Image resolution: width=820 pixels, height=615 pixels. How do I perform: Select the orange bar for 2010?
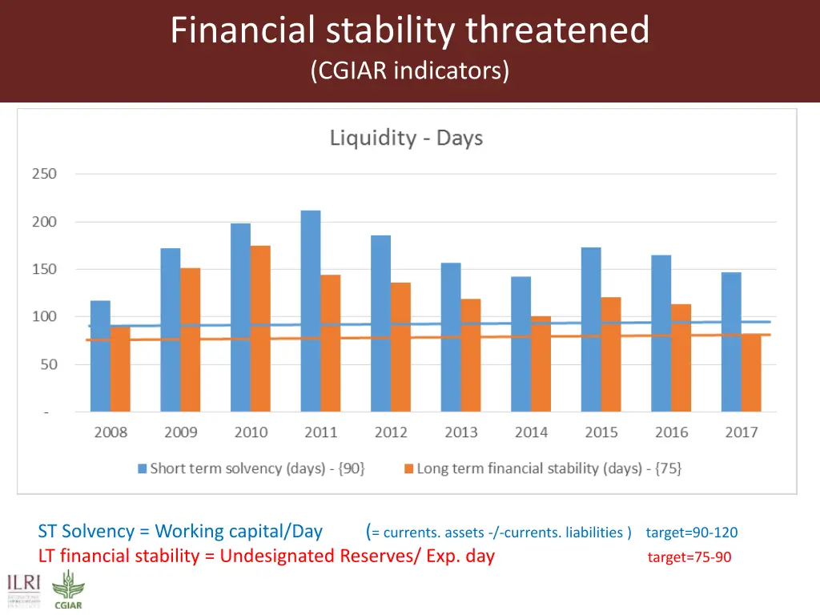pyautogui.click(x=260, y=328)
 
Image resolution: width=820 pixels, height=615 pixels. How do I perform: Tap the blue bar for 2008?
pyautogui.click(x=100, y=356)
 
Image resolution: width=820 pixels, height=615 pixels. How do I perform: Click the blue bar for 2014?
pyautogui.click(x=521, y=344)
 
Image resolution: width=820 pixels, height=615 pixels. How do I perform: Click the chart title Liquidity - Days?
pyautogui.click(x=406, y=139)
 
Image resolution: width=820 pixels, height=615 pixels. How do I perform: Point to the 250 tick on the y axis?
pyautogui.click(x=44, y=174)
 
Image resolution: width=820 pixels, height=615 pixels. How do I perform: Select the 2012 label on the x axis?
pyautogui.click(x=391, y=432)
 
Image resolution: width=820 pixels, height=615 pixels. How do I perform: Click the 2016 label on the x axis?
pyautogui.click(x=671, y=432)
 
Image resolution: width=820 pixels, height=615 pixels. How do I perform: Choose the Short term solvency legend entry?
pyautogui.click(x=251, y=469)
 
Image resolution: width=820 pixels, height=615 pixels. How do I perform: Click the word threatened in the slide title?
pyautogui.click(x=558, y=30)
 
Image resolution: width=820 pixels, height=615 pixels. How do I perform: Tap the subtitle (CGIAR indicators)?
pyautogui.click(x=409, y=70)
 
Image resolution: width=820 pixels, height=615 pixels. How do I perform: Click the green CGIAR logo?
pyautogui.click(x=67, y=591)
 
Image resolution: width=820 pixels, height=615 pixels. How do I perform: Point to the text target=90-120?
pyautogui.click(x=691, y=533)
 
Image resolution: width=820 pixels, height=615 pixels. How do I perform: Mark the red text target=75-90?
pyautogui.click(x=689, y=557)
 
